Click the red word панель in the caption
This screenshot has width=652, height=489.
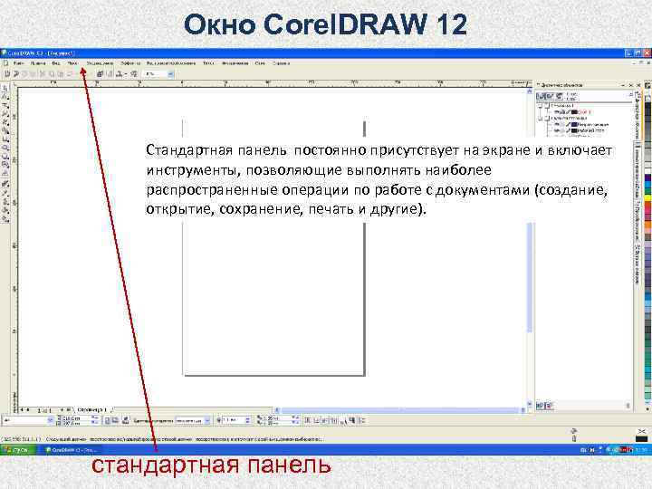pyautogui.click(x=286, y=465)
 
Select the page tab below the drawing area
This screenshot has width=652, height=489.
pyautogui.click(x=91, y=409)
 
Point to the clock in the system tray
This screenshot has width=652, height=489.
pyautogui.click(x=638, y=448)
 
